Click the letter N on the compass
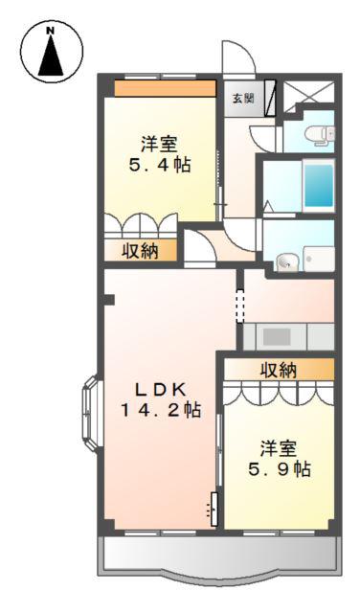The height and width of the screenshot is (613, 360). (x=50, y=30)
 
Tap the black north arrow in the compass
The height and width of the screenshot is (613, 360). (x=51, y=56)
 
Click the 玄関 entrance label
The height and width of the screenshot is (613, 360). (x=243, y=98)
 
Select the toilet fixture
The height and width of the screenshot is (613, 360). (x=320, y=134)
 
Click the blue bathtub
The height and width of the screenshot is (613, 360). (x=319, y=186)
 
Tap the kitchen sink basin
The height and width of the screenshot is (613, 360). (x=277, y=337)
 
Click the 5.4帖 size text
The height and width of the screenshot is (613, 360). (x=160, y=166)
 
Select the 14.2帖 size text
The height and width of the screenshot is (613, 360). (x=160, y=410)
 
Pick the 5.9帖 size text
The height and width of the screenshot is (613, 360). (x=280, y=469)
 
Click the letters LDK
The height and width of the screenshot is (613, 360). (x=160, y=389)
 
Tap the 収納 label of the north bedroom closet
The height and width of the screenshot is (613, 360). (x=141, y=251)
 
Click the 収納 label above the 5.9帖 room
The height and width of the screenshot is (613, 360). (x=279, y=370)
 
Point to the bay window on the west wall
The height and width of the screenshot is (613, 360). (x=91, y=414)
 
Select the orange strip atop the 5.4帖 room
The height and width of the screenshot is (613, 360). (x=165, y=88)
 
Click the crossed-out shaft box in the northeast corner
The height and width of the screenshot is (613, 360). (x=309, y=93)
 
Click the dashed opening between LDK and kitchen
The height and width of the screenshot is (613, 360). (x=239, y=306)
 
